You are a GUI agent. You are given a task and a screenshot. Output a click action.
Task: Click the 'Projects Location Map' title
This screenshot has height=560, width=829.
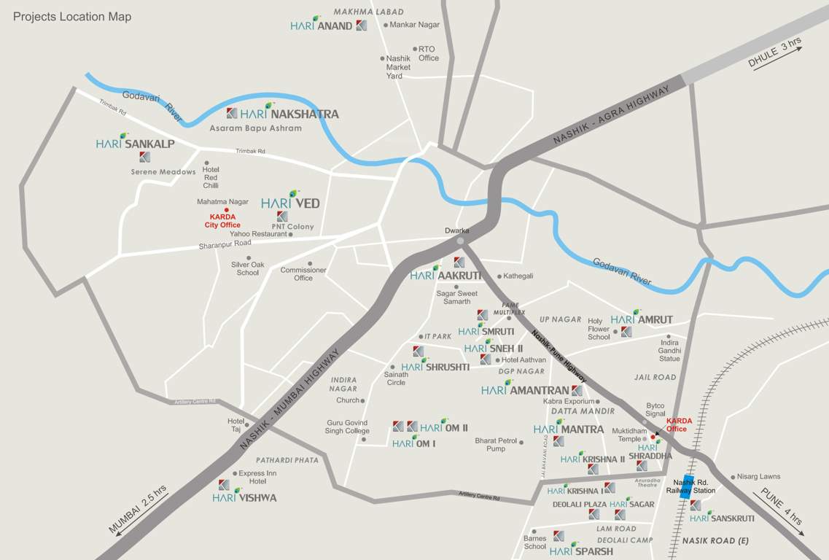72,17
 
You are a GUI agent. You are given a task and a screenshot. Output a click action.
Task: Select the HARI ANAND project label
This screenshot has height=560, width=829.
321,26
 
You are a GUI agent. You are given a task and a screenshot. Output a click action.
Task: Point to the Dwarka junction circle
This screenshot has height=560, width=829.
459,241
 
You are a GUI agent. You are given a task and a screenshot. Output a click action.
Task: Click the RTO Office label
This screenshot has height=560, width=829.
428,53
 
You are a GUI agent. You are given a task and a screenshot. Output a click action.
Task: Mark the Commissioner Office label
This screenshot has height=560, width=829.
303,273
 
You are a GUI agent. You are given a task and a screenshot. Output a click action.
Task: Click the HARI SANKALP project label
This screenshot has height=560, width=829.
135,144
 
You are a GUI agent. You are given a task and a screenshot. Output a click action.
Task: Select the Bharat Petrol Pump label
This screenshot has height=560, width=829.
496,444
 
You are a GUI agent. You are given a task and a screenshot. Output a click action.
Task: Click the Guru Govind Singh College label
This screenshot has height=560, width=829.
347,427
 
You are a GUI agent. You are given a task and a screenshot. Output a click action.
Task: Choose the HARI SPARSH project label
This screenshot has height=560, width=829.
581,551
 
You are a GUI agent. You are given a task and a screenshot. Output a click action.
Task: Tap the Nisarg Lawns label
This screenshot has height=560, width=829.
759,477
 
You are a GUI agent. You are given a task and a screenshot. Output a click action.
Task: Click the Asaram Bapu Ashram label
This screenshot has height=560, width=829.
255,128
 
